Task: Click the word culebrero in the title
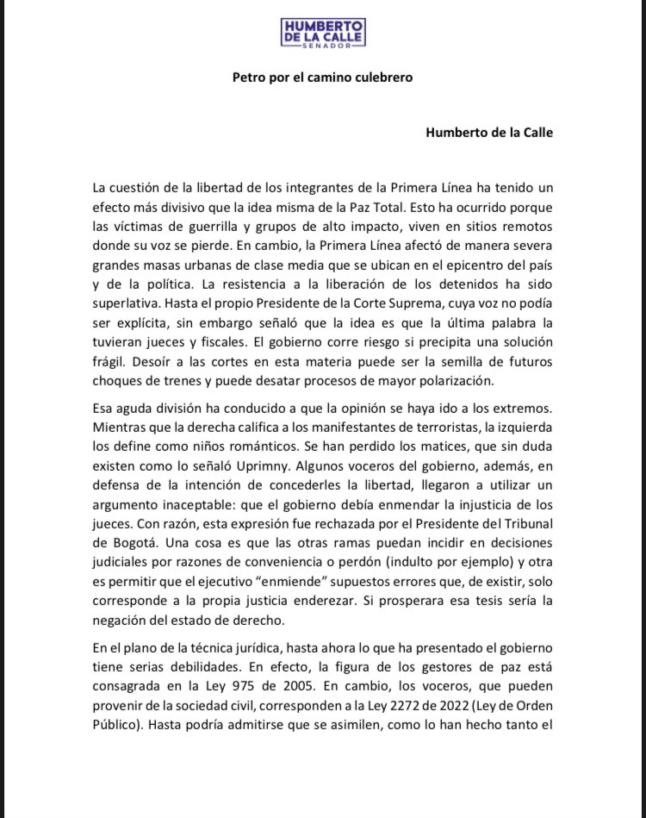coord(382,77)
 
